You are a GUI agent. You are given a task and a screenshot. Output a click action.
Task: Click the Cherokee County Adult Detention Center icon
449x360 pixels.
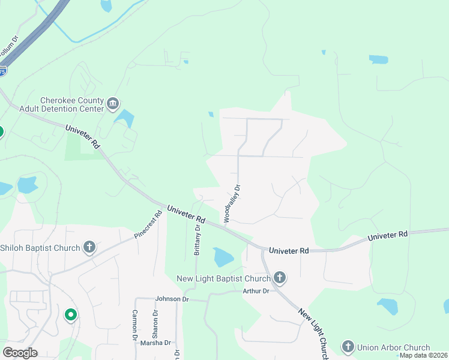(x=113, y=104)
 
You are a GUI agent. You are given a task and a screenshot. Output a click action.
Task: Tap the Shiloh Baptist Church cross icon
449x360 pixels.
(x=89, y=247)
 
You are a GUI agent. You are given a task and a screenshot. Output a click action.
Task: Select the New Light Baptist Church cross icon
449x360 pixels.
(x=279, y=278)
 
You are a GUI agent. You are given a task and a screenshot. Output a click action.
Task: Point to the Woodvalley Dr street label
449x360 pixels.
(x=232, y=204)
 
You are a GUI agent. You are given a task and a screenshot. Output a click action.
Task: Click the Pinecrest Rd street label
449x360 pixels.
(x=148, y=224)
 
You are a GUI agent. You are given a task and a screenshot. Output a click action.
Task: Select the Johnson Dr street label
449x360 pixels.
(x=172, y=299)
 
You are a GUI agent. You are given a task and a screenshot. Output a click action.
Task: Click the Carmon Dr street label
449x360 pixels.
(x=135, y=325)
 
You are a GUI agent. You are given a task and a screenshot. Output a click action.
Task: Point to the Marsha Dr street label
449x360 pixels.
(x=155, y=343)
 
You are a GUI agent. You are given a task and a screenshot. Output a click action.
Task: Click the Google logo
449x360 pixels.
(x=20, y=352)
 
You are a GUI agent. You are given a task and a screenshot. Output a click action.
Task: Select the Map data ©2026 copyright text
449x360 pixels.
(x=423, y=355)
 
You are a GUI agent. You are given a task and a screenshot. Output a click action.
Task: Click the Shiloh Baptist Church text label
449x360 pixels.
(x=40, y=248)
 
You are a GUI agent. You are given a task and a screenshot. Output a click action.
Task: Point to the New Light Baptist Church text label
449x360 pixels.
(x=223, y=278)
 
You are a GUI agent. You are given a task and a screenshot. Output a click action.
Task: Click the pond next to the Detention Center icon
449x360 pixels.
(x=125, y=118)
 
